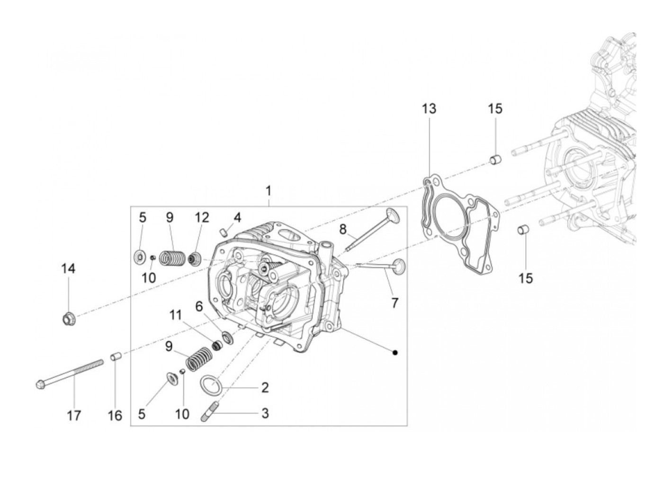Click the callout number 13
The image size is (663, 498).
429,109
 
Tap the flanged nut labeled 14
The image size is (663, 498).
68,320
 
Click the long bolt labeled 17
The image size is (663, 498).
71,374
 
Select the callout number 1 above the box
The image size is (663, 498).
269,191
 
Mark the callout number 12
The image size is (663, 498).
202,217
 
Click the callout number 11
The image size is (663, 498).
176,315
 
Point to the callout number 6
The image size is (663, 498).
199,306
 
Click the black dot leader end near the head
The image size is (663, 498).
395,352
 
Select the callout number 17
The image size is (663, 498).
74,416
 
